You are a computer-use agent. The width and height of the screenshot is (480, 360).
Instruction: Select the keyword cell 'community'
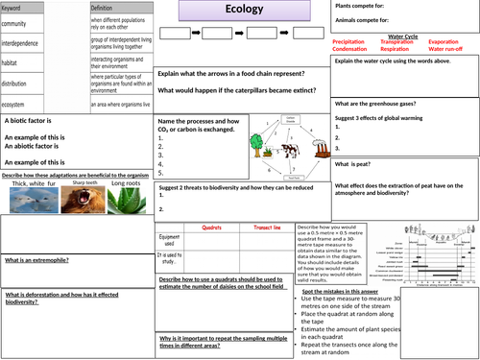tap(19, 23)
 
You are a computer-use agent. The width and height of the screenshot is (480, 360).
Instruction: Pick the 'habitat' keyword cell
tap(14, 61)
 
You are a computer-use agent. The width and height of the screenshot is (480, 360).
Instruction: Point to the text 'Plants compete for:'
tap(366, 7)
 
